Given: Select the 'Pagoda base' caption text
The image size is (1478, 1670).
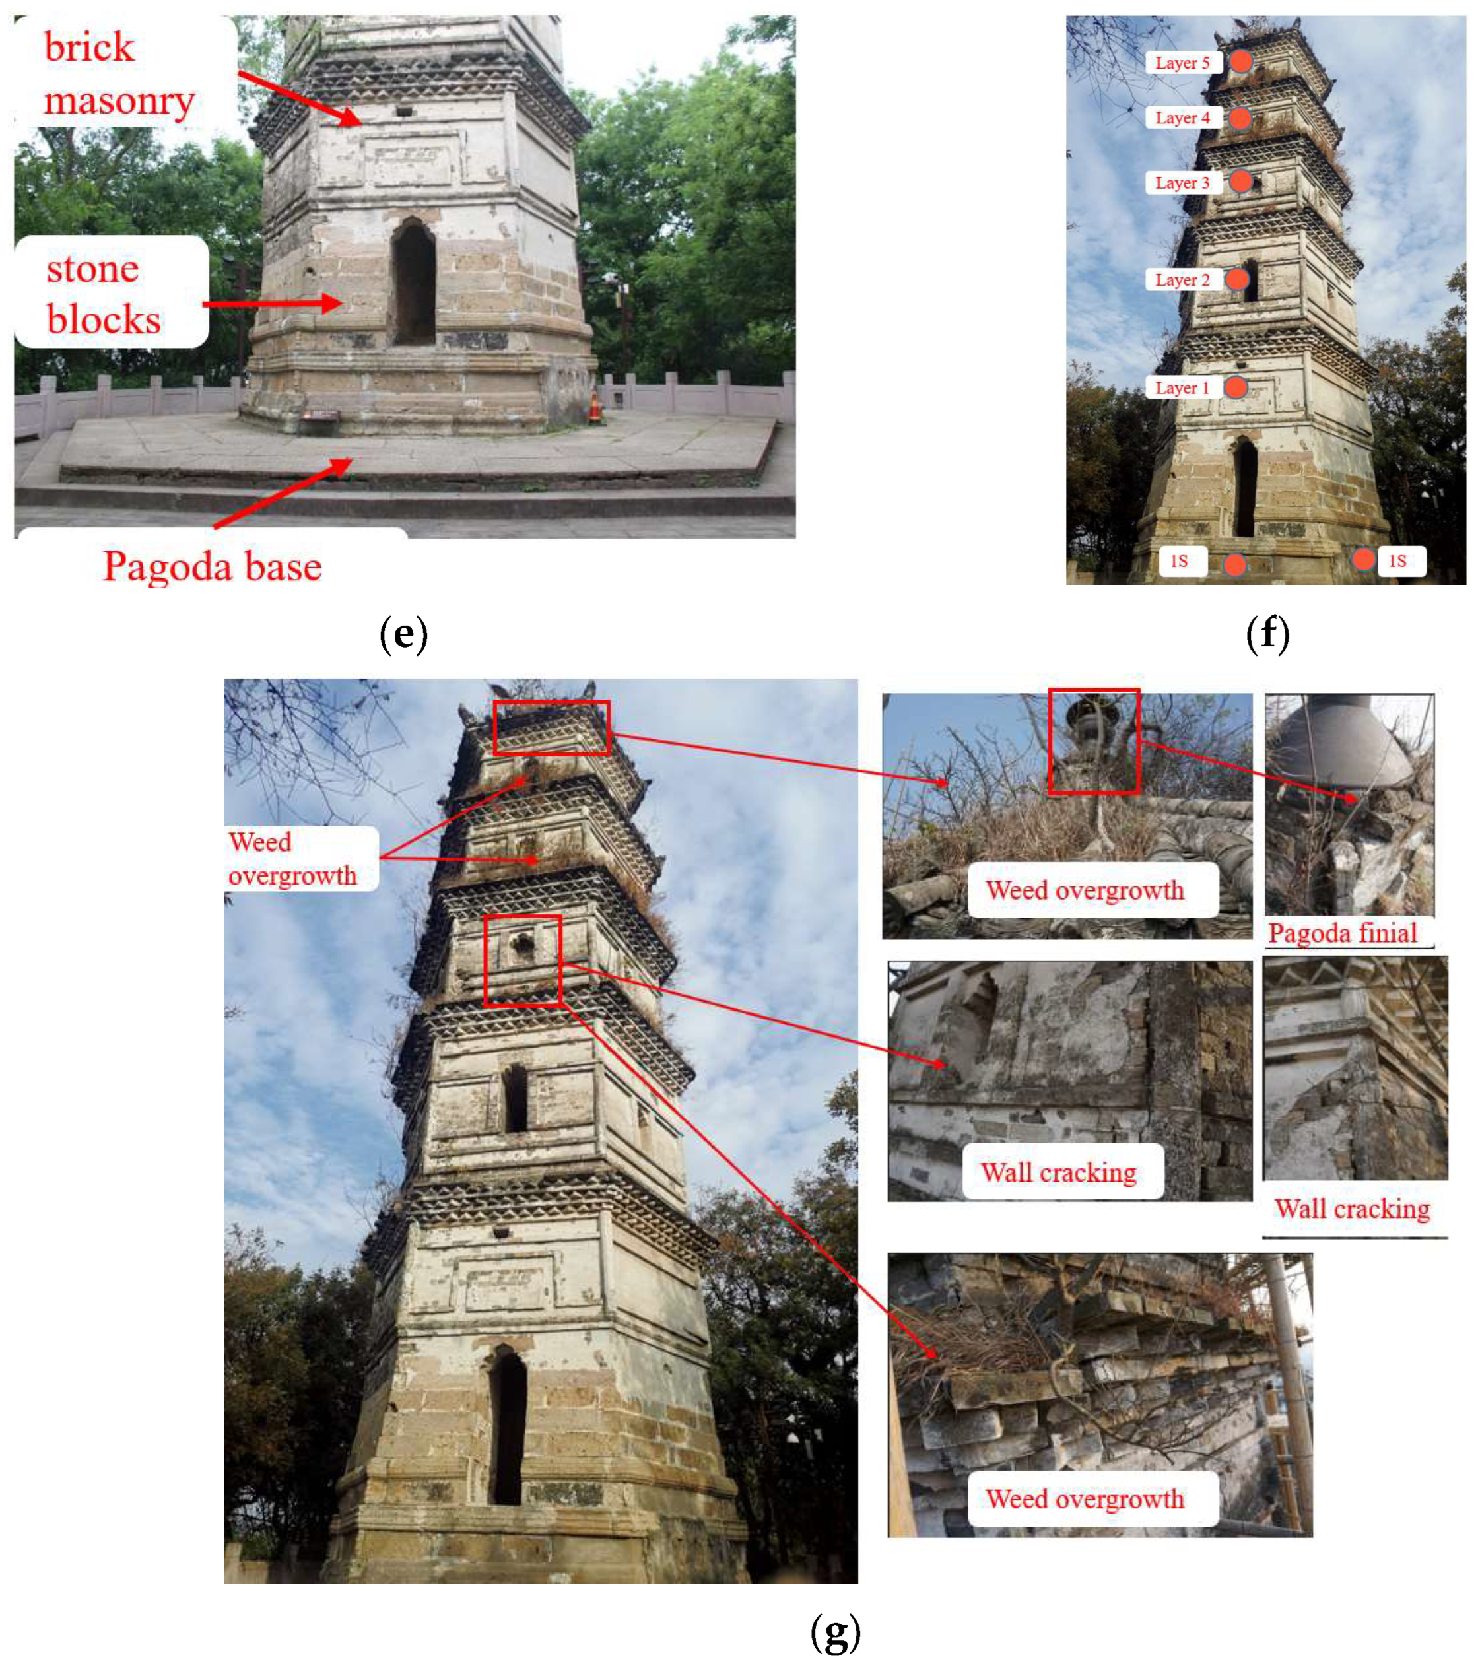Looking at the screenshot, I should pos(213,566).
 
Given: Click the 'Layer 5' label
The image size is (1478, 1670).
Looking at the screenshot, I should pos(1182,63).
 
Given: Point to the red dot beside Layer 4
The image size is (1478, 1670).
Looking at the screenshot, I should pos(1240,118).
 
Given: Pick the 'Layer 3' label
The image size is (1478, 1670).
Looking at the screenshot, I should pos(1182,183).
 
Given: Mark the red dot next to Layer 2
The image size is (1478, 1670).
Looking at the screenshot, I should pos(1237,279).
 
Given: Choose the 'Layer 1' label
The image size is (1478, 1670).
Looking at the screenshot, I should pos(1182,388).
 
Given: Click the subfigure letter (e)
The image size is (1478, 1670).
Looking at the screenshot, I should pos(403,634).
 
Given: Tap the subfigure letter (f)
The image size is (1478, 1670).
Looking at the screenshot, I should pos(1267,634).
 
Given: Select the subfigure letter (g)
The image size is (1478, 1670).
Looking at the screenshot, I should pos(835,1632).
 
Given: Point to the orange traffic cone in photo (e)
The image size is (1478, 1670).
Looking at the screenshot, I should pos(595,406).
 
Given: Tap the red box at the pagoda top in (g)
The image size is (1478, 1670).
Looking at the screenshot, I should pos(551,727).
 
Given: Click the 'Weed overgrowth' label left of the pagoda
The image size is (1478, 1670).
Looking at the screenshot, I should pos(292,859).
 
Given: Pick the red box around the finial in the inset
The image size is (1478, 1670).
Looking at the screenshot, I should pos(1094,741).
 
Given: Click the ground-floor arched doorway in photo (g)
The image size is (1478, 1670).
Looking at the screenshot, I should pos(508,1426).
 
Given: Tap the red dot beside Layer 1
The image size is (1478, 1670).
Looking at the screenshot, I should pos(1235,387).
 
